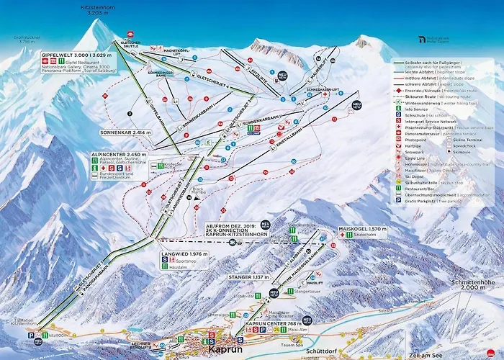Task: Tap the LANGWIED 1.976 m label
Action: click(x=185, y=254)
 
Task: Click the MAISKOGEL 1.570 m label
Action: click(x=362, y=229)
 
